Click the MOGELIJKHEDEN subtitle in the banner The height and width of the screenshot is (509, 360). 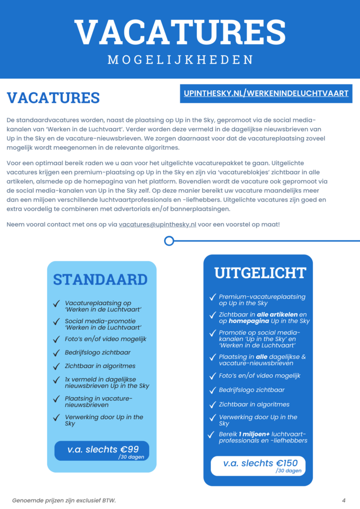[180, 60]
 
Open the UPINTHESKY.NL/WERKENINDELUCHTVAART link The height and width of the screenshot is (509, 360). [266, 93]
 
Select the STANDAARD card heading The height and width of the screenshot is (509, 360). [100, 279]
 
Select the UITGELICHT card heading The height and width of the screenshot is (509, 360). [260, 273]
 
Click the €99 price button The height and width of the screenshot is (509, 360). [102, 450]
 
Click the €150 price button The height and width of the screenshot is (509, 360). [258, 465]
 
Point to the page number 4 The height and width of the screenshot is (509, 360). [344, 500]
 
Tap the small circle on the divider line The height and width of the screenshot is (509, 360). [169, 241]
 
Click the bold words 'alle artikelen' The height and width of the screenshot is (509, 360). [272, 315]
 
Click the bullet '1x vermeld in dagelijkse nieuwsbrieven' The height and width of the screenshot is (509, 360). [106, 382]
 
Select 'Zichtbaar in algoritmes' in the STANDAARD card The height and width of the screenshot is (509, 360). [100, 366]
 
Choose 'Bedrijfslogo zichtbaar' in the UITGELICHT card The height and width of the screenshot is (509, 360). [252, 390]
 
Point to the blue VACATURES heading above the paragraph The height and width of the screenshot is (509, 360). [53, 97]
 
